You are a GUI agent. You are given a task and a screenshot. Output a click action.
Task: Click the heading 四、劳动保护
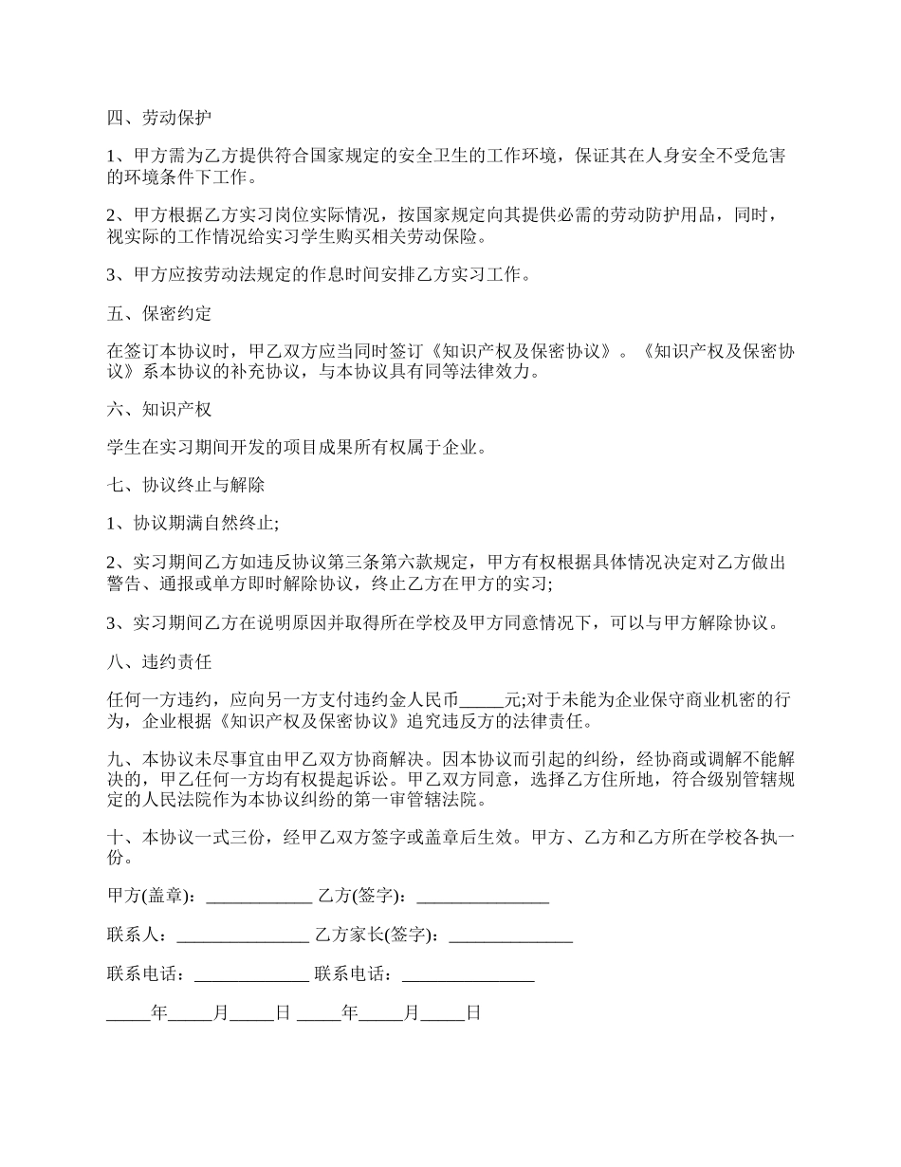158,119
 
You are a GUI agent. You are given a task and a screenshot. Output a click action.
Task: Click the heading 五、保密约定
158,313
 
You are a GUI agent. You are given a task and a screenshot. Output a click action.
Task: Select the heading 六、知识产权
158,410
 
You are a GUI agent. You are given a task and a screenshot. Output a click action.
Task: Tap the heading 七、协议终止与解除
185,485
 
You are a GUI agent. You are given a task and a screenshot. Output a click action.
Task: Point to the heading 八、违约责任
158,661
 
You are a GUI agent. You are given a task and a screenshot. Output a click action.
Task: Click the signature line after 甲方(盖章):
259,896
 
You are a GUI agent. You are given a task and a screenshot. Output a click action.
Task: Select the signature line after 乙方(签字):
483,896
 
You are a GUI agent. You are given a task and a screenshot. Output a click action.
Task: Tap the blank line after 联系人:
244,935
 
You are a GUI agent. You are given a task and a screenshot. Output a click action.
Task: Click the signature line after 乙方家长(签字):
510,935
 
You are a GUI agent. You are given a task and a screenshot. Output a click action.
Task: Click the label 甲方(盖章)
150,896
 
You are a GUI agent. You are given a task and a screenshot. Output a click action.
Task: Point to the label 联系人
136,935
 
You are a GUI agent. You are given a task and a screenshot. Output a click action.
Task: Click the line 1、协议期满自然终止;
193,523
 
